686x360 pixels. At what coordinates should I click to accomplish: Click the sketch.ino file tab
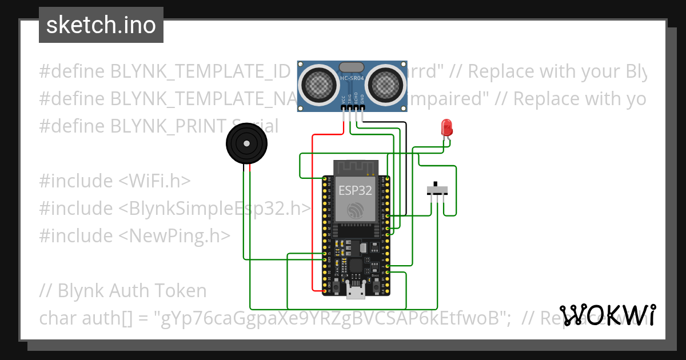(x=101, y=25)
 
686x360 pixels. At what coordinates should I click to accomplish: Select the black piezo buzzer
(x=247, y=144)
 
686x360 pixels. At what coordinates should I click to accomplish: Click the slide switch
(x=438, y=190)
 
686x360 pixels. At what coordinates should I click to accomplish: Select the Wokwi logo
(x=608, y=315)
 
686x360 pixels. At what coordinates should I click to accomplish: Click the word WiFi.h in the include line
(x=154, y=181)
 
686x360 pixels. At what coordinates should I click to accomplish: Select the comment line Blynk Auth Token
(x=123, y=291)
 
